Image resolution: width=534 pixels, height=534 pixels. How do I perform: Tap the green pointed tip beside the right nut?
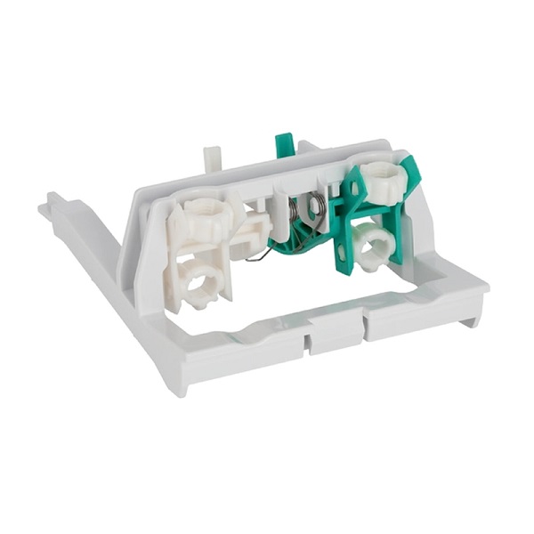point(411,166)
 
